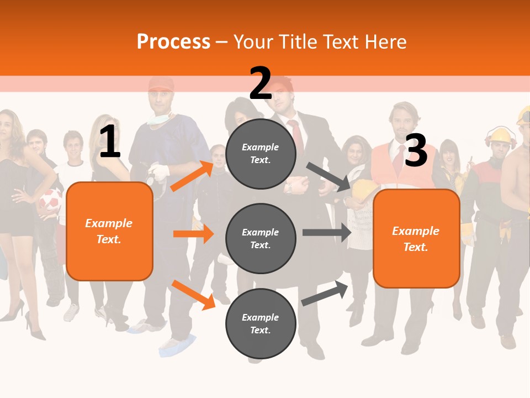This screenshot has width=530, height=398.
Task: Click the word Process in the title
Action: coord(173,41)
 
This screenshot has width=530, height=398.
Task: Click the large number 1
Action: coord(109,142)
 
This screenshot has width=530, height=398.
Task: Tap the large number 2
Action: coord(261,83)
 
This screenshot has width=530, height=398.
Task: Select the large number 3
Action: coord(416,150)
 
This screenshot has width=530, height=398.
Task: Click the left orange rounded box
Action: coord(109,231)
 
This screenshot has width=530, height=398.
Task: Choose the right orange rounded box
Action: coord(416,238)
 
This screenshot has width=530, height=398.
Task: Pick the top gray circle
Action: coord(261,153)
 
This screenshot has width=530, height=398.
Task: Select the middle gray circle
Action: coord(261,238)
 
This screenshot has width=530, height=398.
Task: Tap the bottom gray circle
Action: coord(261,323)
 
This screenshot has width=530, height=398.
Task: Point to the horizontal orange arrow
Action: coord(193,234)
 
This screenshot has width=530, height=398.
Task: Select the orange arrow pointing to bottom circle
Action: coord(193,294)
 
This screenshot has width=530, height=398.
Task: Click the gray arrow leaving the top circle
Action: coord(328,177)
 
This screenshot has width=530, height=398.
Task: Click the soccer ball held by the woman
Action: coord(50,202)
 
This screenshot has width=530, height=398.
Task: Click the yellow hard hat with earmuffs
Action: coord(501,136)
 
